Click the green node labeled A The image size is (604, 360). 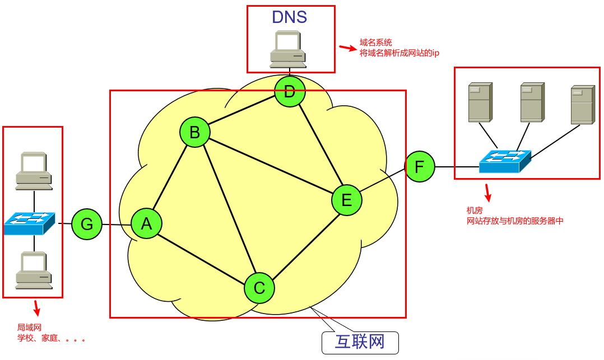[x=147, y=224]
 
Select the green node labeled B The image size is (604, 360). [x=194, y=133]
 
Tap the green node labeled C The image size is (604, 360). [x=259, y=288]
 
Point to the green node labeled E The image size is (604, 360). [x=346, y=200]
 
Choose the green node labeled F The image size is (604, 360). [x=420, y=166]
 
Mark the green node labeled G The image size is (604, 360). [x=87, y=225]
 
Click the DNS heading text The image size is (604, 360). [x=290, y=17]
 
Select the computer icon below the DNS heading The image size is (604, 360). [x=288, y=50]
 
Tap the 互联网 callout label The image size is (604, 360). [x=360, y=342]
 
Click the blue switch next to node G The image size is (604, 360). [x=30, y=223]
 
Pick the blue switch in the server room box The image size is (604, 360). [x=505, y=161]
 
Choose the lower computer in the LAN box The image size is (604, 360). [x=34, y=270]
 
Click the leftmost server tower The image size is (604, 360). [x=480, y=102]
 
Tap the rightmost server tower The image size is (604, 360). [x=583, y=105]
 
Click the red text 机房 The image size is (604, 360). [x=475, y=211]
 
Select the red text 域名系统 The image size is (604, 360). [x=375, y=43]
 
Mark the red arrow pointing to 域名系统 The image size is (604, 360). [x=347, y=48]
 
